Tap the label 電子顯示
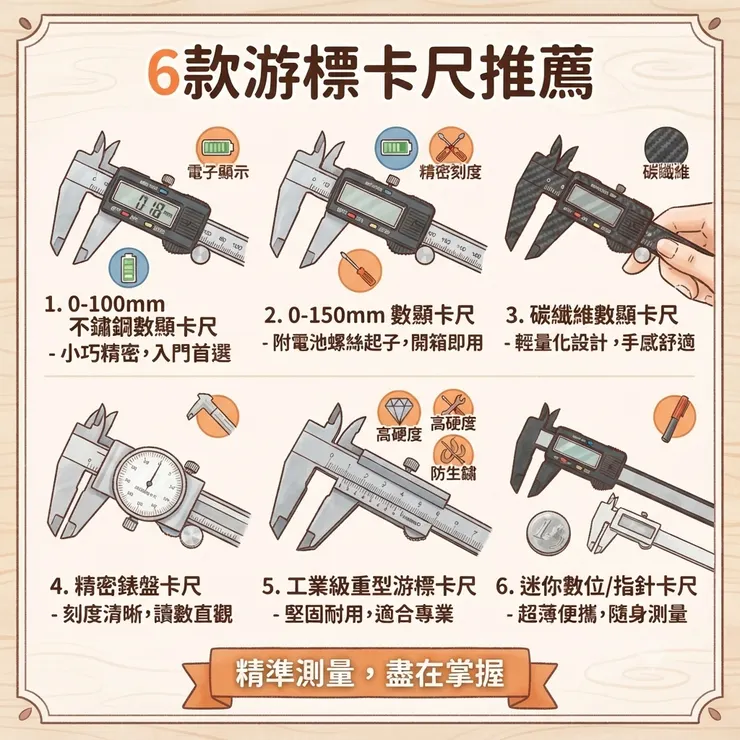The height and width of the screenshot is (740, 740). pos(218,172)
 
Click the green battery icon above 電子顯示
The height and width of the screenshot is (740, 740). pos(218,147)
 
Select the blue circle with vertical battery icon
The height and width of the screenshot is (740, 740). pos(129,268)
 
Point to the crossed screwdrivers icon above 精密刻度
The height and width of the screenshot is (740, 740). pos(451,147)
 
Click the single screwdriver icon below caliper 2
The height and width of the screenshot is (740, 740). pos(360,271)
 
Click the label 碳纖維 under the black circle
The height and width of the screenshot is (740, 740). pos(666,172)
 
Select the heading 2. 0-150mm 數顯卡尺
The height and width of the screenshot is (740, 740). pos(369,315)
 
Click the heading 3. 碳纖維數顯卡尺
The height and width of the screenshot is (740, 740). pos(592,315)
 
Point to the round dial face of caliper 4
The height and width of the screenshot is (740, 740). pos(150,485)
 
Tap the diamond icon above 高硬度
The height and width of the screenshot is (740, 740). pos(399,409)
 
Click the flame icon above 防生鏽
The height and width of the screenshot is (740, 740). pos(453,450)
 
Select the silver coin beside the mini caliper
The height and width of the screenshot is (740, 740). pos(548,533)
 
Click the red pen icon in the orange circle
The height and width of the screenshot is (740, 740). pos(675,417)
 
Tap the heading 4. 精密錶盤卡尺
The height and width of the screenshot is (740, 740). pos(126,587)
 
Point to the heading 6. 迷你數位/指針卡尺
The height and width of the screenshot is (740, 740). pos(597,587)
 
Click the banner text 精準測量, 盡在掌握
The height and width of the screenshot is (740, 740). pos(370,673)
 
